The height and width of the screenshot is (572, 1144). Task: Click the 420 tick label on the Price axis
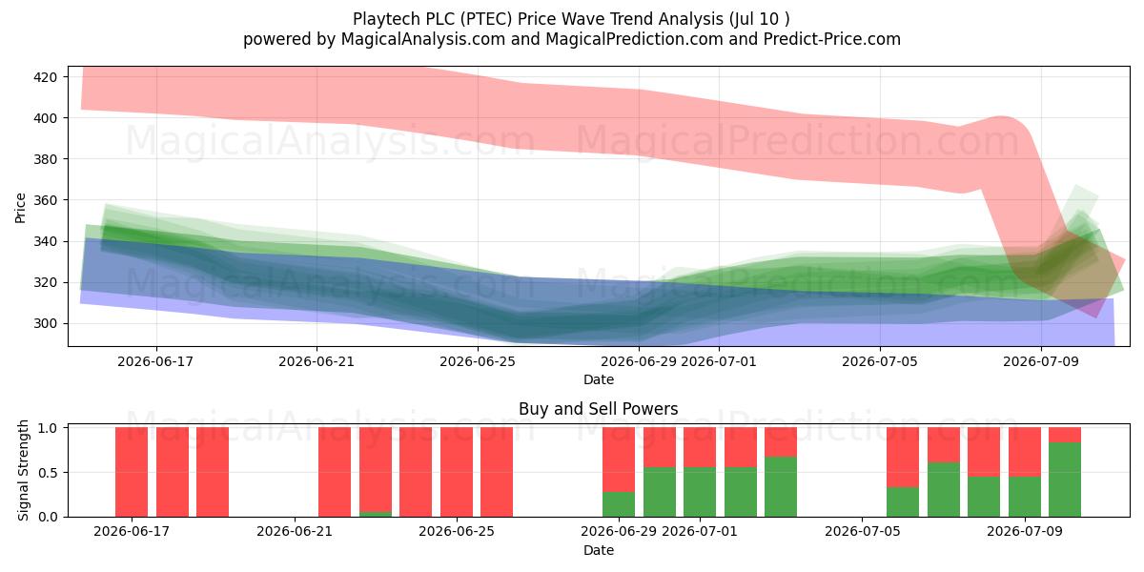pyautogui.click(x=45, y=77)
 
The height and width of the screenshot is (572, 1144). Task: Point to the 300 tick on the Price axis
pyautogui.click(x=45, y=324)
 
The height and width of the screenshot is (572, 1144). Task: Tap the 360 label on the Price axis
pyautogui.click(x=45, y=200)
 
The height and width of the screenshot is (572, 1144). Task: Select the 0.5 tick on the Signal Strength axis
pyautogui.click(x=48, y=473)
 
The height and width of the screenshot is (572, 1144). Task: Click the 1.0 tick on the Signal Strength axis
pyautogui.click(x=48, y=427)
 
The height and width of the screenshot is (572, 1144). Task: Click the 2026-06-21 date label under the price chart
pyautogui.click(x=317, y=361)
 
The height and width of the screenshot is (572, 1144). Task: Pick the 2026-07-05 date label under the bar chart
pyautogui.click(x=863, y=531)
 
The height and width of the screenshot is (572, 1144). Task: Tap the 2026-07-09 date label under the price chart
pyautogui.click(x=1041, y=361)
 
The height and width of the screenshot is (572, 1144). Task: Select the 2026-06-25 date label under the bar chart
pyautogui.click(x=457, y=531)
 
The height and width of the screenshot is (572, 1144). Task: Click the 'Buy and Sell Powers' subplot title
pyautogui.click(x=599, y=409)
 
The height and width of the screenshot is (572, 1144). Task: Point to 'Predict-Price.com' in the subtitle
pyautogui.click(x=832, y=39)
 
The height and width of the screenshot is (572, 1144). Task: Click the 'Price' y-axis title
pyautogui.click(x=20, y=208)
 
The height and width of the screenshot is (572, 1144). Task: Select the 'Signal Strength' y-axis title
pyautogui.click(x=23, y=470)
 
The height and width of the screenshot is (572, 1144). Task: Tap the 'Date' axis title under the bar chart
pyautogui.click(x=599, y=551)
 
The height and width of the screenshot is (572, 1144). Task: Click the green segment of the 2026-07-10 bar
pyautogui.click(x=1065, y=480)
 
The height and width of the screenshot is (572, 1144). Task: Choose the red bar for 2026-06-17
pyautogui.click(x=132, y=472)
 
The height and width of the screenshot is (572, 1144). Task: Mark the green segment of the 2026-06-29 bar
pyautogui.click(x=619, y=504)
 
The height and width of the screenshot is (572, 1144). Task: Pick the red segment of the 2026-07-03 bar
pyautogui.click(x=781, y=441)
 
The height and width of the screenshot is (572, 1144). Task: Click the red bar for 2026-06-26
pyautogui.click(x=497, y=472)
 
